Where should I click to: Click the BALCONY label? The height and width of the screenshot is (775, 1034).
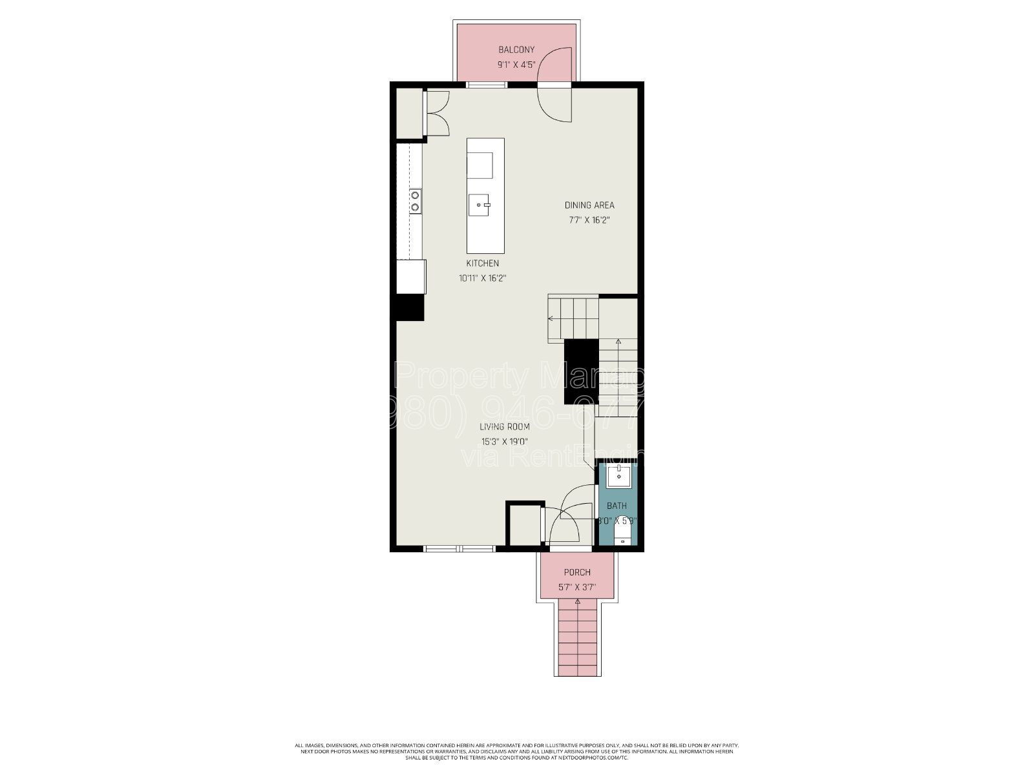[x=516, y=50]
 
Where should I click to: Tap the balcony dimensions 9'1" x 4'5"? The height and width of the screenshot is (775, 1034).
[x=516, y=65]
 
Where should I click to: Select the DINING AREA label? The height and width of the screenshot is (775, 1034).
[x=589, y=205]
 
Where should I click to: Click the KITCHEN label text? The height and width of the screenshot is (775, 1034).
[x=482, y=263]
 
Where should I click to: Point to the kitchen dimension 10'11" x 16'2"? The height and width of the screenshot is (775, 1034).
[x=482, y=278]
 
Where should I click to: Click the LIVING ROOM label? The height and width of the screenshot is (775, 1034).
[x=504, y=426]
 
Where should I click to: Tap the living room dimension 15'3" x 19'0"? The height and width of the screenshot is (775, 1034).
[x=504, y=442]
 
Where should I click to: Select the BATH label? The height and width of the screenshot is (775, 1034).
[x=617, y=506]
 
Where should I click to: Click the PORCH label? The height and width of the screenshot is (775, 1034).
[x=576, y=572]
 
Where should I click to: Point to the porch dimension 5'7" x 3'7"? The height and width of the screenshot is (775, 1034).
[x=576, y=588]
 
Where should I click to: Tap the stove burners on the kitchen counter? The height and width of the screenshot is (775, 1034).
[x=414, y=200]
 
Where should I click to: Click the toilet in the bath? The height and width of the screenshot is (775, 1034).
[x=621, y=533]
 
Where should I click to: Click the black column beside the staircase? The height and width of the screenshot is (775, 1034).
[x=581, y=371]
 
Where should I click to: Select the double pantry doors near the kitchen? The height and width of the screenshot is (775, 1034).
[x=437, y=112]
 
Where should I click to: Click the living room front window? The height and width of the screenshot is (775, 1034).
[x=459, y=549]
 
